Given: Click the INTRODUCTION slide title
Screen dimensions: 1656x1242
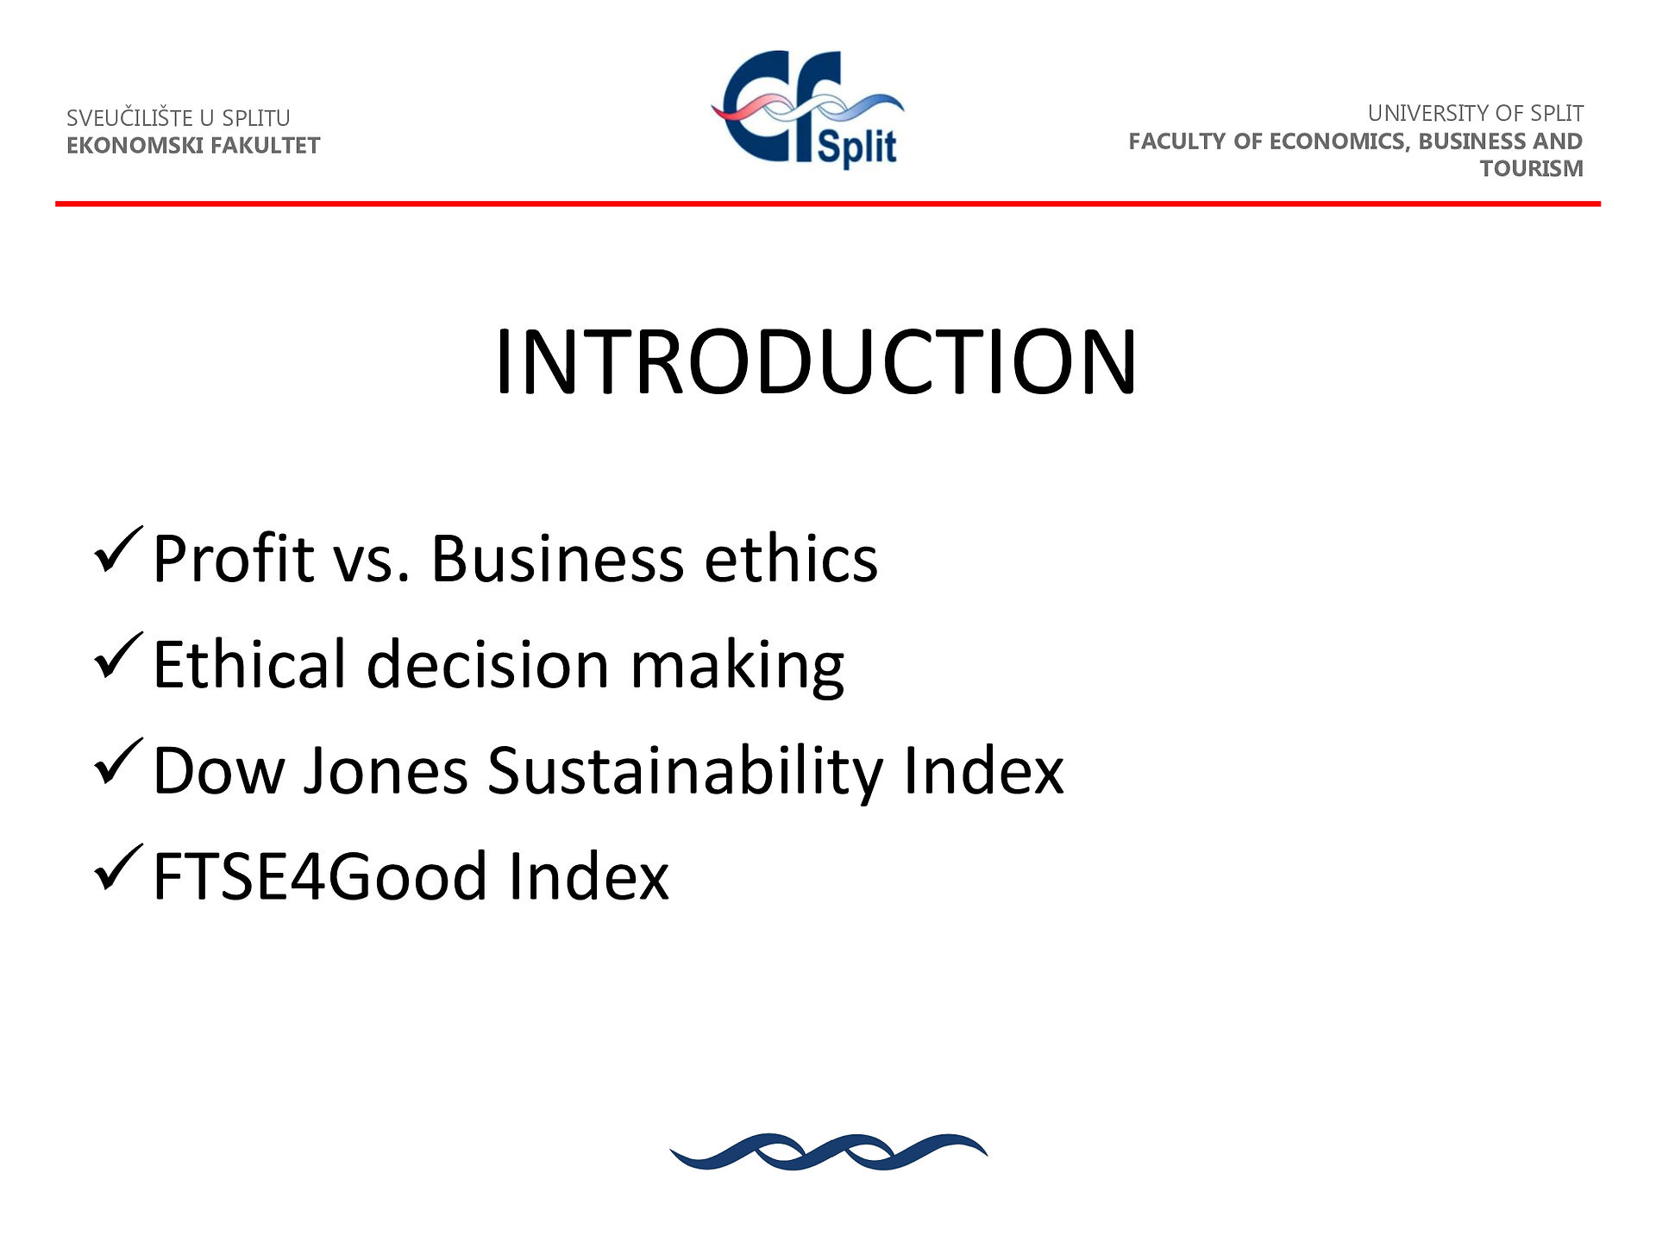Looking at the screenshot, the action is click(816, 362).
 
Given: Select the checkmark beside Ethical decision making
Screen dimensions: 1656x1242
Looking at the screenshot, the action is click(117, 656).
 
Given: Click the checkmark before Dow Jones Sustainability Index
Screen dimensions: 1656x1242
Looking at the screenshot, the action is click(117, 762).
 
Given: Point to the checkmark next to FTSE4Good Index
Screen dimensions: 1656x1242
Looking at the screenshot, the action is click(117, 869).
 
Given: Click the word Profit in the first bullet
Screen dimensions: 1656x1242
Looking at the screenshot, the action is click(233, 558).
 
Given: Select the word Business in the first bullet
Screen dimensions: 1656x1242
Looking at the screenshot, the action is click(557, 558).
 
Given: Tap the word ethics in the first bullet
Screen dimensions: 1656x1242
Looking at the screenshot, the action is click(791, 558).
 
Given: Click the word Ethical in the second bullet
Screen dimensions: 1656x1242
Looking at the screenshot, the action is click(249, 663).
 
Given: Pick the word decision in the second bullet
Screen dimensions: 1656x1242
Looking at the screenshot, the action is click(488, 663).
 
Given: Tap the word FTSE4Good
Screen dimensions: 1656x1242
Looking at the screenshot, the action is click(320, 876).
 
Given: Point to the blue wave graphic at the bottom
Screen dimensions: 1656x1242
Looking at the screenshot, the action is click(828, 1151).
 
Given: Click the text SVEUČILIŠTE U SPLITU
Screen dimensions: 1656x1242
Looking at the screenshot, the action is click(179, 117).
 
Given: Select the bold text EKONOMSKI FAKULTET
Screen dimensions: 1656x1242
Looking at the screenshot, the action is click(193, 145).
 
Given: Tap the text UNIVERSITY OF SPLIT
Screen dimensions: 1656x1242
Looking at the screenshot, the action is click(1475, 113).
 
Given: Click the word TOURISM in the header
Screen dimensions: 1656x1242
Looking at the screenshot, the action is click(1532, 168).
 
